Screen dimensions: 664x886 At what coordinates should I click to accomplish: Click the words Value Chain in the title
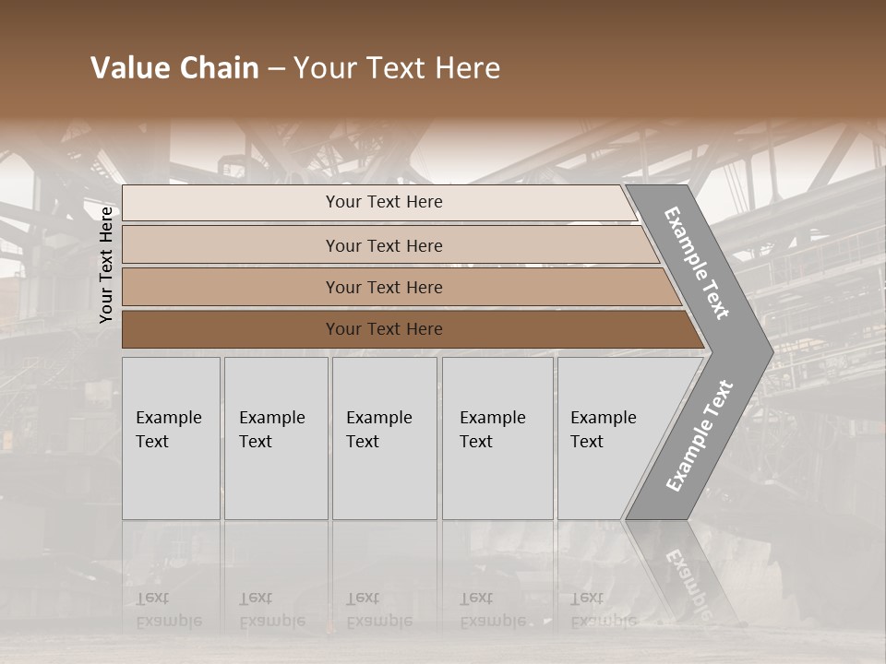click(174, 68)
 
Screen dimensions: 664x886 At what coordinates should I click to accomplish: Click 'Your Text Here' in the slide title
click(397, 68)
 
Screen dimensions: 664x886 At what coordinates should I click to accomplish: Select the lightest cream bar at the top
click(231, 203)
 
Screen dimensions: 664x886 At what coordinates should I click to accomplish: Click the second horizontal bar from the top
click(231, 245)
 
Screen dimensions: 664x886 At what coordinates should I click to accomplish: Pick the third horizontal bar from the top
click(231, 287)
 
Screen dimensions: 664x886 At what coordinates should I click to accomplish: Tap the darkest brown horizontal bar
click(231, 329)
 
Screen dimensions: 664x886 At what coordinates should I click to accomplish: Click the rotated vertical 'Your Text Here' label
click(106, 265)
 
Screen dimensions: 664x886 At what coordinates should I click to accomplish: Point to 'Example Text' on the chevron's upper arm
click(697, 263)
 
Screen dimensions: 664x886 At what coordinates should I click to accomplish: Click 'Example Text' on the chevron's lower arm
click(699, 435)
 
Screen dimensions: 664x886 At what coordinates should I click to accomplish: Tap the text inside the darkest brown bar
click(384, 329)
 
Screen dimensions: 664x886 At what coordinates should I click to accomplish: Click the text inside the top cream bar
click(384, 202)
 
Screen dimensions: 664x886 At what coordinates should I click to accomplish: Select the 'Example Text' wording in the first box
click(168, 430)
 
